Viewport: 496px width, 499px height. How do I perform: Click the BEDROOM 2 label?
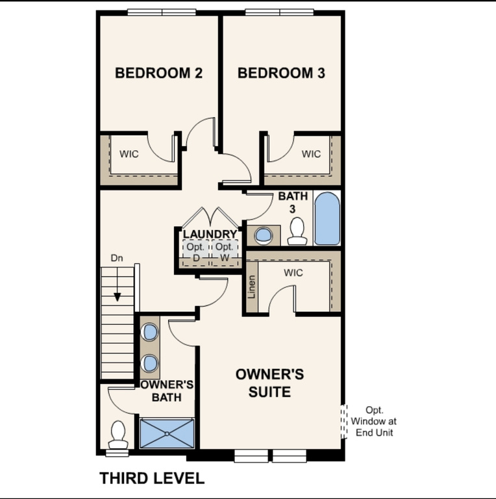click(x=158, y=73)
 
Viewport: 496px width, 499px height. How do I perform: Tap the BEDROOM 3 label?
click(x=281, y=73)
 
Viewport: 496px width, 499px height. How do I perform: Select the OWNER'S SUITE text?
click(x=269, y=383)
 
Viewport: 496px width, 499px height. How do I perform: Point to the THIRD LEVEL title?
click(x=152, y=479)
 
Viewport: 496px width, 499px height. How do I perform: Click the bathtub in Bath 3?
click(x=327, y=218)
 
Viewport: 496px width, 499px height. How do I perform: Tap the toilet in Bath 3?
click(x=297, y=231)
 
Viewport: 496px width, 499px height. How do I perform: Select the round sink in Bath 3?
click(x=264, y=234)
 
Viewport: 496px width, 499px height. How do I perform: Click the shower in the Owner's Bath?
click(x=167, y=433)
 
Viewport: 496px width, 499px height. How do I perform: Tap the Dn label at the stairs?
click(x=117, y=258)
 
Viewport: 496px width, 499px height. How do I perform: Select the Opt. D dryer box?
click(x=195, y=252)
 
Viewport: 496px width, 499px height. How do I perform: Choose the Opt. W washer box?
click(x=225, y=252)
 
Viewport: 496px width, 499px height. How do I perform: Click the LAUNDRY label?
click(x=210, y=234)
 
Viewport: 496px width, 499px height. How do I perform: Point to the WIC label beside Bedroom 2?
click(x=129, y=155)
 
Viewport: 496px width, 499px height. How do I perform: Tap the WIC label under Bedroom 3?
click(x=311, y=154)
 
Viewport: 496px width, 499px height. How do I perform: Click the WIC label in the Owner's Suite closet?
click(x=293, y=273)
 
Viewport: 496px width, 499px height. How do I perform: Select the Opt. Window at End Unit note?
click(x=373, y=421)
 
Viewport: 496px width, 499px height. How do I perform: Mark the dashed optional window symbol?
click(x=344, y=421)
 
